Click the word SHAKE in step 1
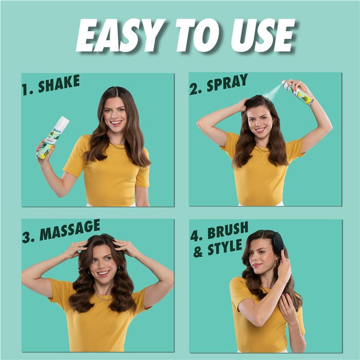[x=58, y=83]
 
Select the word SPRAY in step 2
[x=227, y=83]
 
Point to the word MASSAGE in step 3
[x=69, y=230]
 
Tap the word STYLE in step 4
[x=224, y=248]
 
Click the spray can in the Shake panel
[x=52, y=137]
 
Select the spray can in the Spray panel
[x=298, y=93]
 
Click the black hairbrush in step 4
[x=278, y=243]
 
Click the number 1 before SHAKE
[x=25, y=90]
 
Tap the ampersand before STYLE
[x=198, y=252]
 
